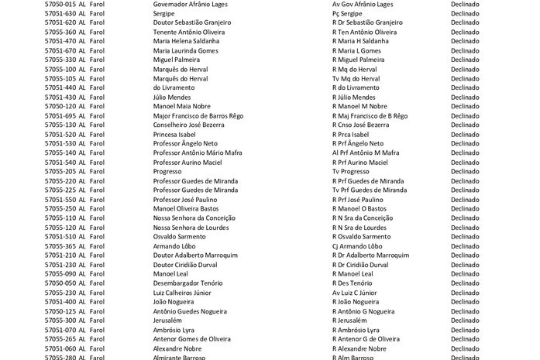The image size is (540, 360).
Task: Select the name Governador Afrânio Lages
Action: (190, 4)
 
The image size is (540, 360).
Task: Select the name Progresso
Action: (170, 171)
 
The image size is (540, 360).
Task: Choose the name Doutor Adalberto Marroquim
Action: (195, 255)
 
